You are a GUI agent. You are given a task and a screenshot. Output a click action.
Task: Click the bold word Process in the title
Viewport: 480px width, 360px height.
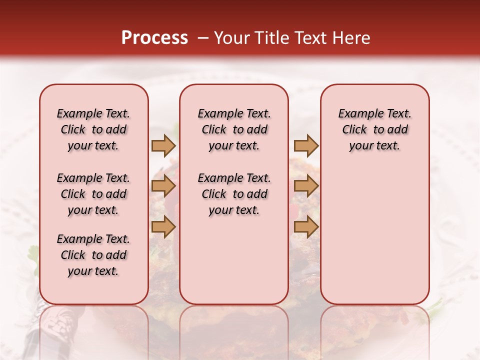tap(154, 38)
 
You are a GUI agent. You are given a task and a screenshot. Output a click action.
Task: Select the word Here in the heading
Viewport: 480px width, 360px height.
tap(351, 38)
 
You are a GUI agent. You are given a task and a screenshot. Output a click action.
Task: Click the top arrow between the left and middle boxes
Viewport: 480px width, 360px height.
tap(163, 145)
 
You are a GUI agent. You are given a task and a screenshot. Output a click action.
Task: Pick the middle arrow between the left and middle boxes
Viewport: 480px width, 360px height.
tap(163, 186)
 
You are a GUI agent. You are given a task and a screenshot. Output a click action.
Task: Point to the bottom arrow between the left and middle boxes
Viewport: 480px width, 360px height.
tap(163, 226)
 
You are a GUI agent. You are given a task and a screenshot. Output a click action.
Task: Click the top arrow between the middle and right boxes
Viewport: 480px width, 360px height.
tap(306, 145)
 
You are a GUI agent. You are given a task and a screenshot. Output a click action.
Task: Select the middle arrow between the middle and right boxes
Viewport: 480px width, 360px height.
tap(306, 186)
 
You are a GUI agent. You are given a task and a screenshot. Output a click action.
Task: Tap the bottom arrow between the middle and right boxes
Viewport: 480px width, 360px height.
tap(306, 226)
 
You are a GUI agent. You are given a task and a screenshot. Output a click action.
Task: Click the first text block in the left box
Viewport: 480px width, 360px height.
tap(93, 129)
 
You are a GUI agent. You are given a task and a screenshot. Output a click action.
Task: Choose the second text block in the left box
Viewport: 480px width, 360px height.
tap(93, 194)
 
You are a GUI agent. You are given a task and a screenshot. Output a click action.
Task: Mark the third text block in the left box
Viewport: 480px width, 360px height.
tap(93, 255)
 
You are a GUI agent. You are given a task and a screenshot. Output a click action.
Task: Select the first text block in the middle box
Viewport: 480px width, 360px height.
tap(234, 129)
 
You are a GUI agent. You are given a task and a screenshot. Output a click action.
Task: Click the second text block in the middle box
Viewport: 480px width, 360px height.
tap(234, 194)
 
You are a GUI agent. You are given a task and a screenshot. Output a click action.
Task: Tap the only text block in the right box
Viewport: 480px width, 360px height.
tap(375, 129)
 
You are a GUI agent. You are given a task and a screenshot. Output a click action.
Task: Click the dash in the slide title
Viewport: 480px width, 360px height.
tap(203, 38)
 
